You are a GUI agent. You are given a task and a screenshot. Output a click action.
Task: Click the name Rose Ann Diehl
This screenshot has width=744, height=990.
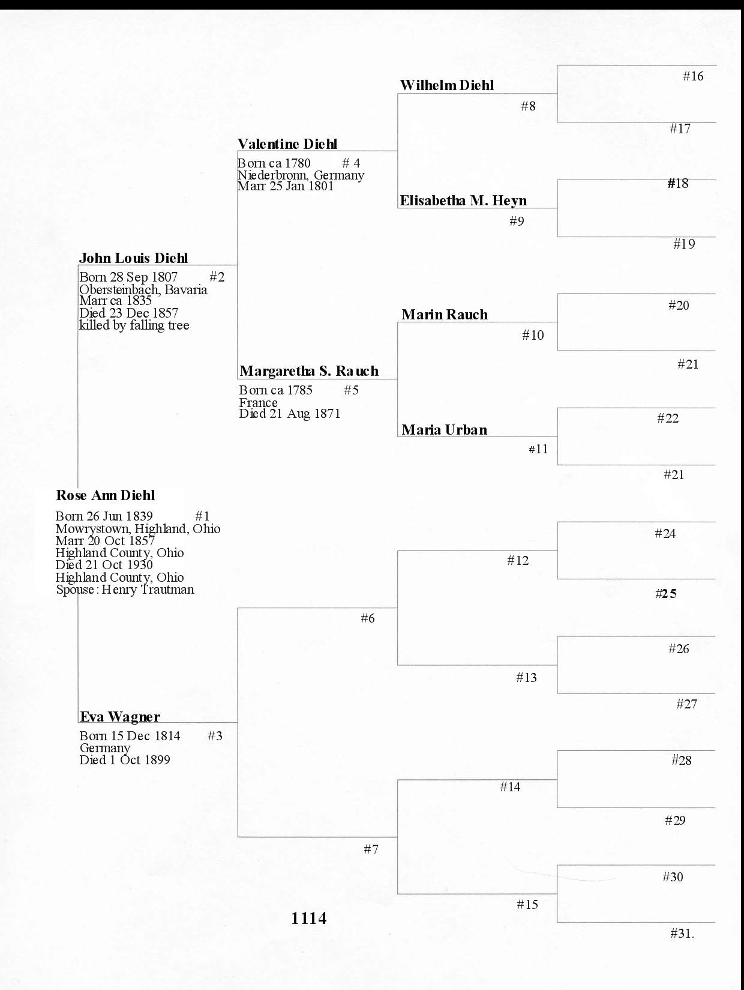[106, 495]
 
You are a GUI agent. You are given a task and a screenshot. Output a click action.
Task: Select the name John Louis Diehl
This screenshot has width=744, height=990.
[133, 258]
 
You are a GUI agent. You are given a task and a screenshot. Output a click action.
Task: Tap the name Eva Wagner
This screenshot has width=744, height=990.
[120, 717]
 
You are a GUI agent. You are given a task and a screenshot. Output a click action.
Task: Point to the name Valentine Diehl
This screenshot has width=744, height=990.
[287, 144]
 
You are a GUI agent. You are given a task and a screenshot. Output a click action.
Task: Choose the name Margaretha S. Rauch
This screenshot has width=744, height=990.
[309, 371]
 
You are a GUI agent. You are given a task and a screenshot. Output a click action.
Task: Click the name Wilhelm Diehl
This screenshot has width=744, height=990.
[447, 85]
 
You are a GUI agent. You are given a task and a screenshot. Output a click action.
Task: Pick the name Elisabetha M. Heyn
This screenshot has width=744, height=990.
[463, 201]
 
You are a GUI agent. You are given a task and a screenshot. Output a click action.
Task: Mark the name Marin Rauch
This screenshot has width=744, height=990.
[445, 315]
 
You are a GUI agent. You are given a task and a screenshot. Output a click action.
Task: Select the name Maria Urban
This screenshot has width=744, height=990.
[445, 429]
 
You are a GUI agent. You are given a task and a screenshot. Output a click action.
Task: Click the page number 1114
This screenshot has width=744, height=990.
[308, 919]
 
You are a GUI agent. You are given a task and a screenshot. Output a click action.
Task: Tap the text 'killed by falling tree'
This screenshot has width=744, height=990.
[134, 325]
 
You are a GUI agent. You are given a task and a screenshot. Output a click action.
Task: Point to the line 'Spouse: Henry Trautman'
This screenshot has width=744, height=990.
[125, 590]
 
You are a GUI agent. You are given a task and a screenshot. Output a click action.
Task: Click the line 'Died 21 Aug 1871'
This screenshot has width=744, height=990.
[290, 414]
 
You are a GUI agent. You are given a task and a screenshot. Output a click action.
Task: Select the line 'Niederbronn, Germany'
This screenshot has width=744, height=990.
[301, 175]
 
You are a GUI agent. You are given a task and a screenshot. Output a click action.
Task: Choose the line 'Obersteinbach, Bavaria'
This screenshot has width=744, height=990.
[143, 289]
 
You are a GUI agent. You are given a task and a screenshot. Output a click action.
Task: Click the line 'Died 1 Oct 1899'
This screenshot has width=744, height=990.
[125, 760]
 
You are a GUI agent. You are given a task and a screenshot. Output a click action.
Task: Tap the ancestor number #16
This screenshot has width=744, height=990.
[693, 76]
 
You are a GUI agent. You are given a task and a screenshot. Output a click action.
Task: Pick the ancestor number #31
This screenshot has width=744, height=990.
[682, 934]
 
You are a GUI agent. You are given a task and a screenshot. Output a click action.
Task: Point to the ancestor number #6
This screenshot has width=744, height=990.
[368, 618]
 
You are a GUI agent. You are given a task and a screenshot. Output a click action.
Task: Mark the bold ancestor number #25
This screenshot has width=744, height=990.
[666, 594]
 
